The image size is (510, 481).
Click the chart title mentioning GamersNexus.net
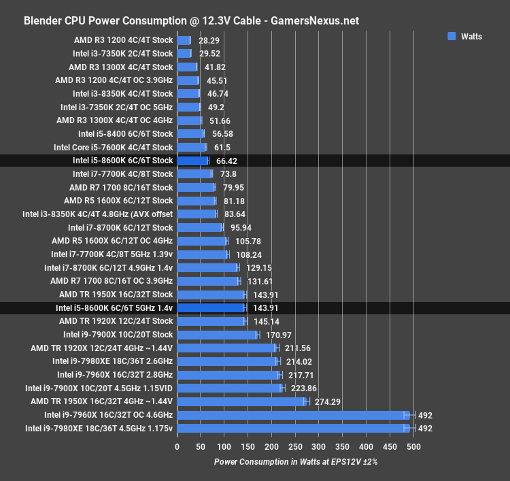(x=191, y=20)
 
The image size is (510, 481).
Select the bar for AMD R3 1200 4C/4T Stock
(x=184, y=40)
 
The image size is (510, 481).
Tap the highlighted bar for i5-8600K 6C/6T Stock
(x=192, y=161)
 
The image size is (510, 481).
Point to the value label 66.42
(x=226, y=161)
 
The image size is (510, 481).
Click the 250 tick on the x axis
(x=295, y=447)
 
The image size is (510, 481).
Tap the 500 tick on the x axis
(x=413, y=447)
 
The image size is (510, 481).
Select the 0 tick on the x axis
(x=177, y=447)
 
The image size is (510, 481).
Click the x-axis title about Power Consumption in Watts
(x=295, y=462)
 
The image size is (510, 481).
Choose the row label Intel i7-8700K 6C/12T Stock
(x=120, y=228)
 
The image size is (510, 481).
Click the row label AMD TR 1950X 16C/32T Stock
(x=116, y=295)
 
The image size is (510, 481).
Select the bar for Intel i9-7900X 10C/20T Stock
(x=217, y=335)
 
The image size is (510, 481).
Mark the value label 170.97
(x=277, y=335)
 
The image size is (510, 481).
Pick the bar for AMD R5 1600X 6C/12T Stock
(x=196, y=201)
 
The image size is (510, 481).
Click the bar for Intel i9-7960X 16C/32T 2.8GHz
(x=228, y=375)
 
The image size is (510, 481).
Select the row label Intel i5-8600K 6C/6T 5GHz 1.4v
(x=114, y=308)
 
